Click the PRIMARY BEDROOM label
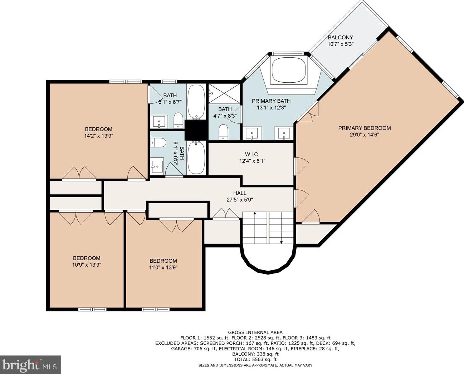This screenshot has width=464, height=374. pyautogui.click(x=365, y=128)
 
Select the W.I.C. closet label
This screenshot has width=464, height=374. pyautogui.click(x=252, y=154)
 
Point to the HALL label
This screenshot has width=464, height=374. pyautogui.click(x=240, y=193)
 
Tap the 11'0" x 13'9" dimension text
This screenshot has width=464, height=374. pyautogui.click(x=163, y=267)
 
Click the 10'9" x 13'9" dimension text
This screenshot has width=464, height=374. pyautogui.click(x=87, y=264)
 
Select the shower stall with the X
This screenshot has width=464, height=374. pyautogui.click(x=224, y=94)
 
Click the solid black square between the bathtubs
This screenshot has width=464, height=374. pyautogui.click(x=196, y=130)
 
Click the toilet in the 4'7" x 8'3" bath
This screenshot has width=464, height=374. pyautogui.click(x=223, y=132)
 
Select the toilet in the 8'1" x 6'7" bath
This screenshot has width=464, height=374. pyautogui.click(x=178, y=120)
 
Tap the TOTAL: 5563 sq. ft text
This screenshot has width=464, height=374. pyautogui.click(x=255, y=359)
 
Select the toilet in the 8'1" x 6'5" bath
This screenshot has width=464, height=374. pyautogui.click(x=158, y=143)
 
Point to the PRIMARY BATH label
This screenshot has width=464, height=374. pyautogui.click(x=271, y=101)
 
